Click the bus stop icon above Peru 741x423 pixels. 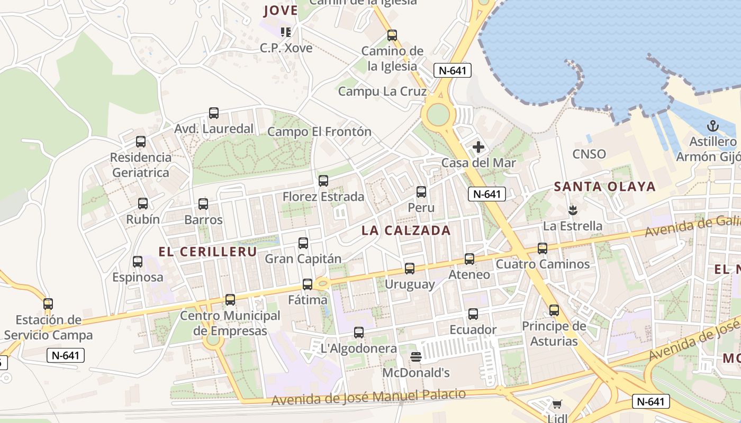421,192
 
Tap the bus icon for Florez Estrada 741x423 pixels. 323,181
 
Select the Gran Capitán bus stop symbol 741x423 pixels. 303,243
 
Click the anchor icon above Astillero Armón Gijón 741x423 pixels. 713,126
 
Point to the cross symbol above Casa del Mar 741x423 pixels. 478,146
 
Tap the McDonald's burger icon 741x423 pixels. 416,357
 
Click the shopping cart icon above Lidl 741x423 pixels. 557,404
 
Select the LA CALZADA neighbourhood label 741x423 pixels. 406,231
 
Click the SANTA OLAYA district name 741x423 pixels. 604,186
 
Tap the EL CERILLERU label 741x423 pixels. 207,252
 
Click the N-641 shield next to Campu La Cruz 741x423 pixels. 452,70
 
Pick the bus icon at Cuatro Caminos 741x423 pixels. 543,248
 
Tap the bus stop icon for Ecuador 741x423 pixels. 473,314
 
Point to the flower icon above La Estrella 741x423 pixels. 572,210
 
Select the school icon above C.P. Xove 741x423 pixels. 286,32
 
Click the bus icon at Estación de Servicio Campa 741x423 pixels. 48,304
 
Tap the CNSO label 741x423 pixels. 589,154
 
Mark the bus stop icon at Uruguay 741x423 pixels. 410,269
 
